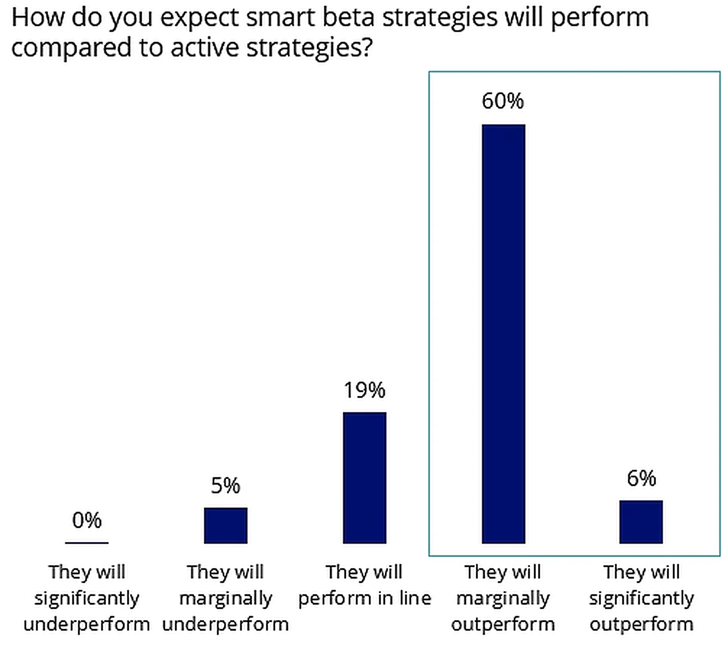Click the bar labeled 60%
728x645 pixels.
coord(503,334)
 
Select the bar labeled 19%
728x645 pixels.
coord(364,477)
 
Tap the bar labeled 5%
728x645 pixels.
coord(225,525)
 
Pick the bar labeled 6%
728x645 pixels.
coord(641,522)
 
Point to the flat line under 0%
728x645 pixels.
coord(87,543)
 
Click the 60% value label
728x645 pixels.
coord(503,101)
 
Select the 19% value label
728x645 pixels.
coord(364,390)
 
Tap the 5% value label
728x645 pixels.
coord(225,485)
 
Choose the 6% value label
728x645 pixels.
coord(641,478)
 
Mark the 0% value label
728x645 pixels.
coord(87,520)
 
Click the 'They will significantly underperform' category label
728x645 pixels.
coord(87,598)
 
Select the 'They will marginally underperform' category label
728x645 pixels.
coord(225,598)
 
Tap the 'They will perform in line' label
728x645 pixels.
coord(364,585)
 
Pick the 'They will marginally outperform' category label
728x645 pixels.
coord(503,598)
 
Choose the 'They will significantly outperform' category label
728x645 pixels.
coord(641,598)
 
